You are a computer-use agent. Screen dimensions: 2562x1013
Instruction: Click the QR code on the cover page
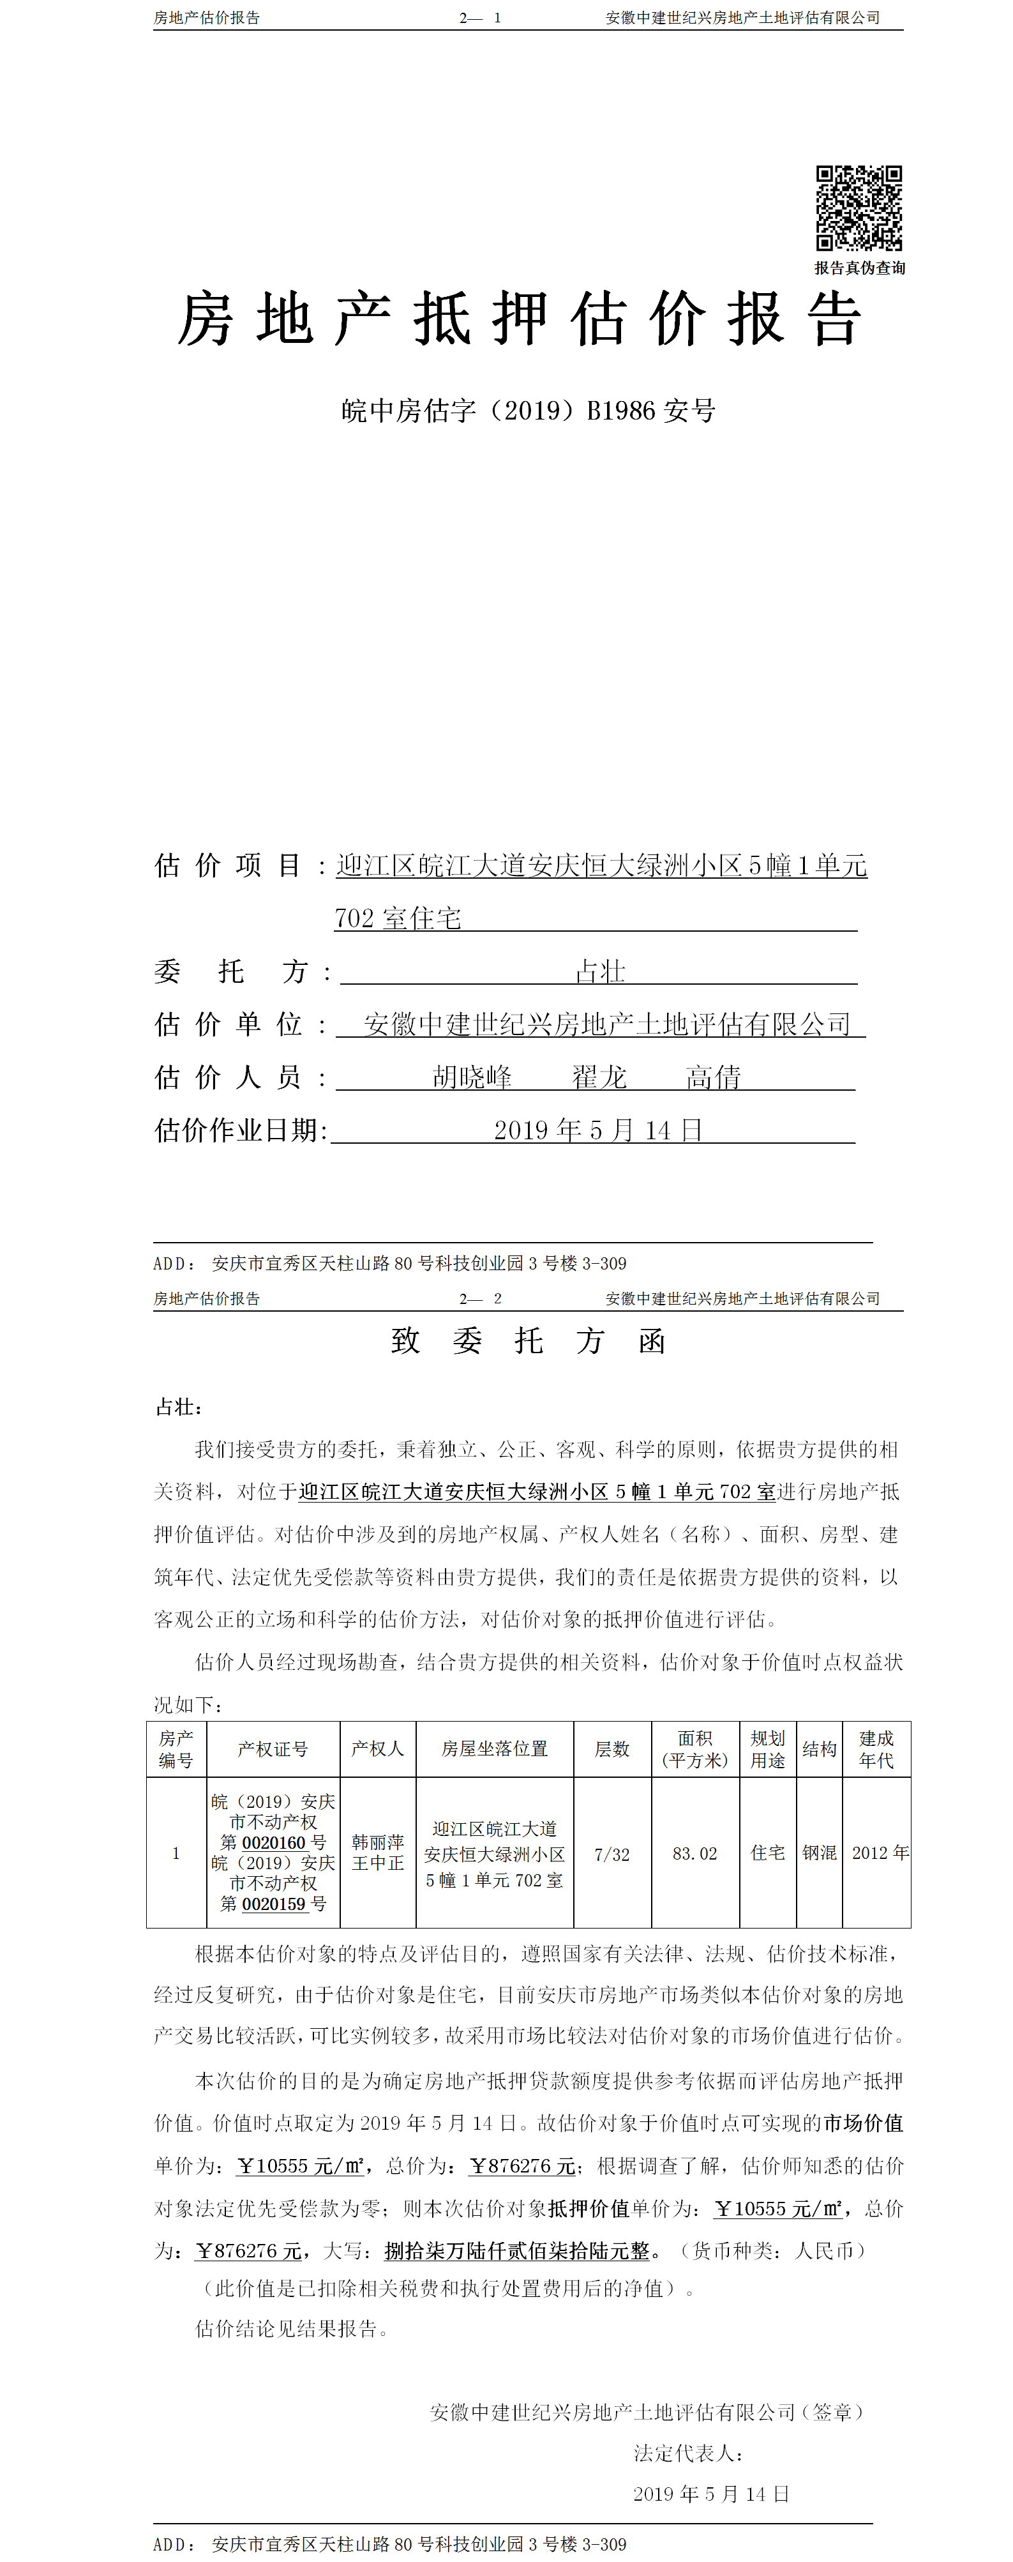(859, 208)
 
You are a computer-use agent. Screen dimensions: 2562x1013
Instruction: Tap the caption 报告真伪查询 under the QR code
(860, 268)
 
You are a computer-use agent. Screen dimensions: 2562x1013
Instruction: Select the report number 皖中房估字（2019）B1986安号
(528, 411)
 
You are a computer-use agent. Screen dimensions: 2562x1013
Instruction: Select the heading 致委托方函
(528, 1340)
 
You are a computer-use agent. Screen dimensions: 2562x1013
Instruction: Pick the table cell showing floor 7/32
(612, 1854)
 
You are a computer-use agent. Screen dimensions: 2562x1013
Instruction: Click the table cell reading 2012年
(880, 1853)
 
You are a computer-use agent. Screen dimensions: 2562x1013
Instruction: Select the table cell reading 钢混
(819, 1853)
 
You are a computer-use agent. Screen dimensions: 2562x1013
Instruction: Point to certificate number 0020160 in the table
(273, 1842)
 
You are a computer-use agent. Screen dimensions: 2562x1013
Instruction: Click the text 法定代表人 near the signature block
(688, 2453)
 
